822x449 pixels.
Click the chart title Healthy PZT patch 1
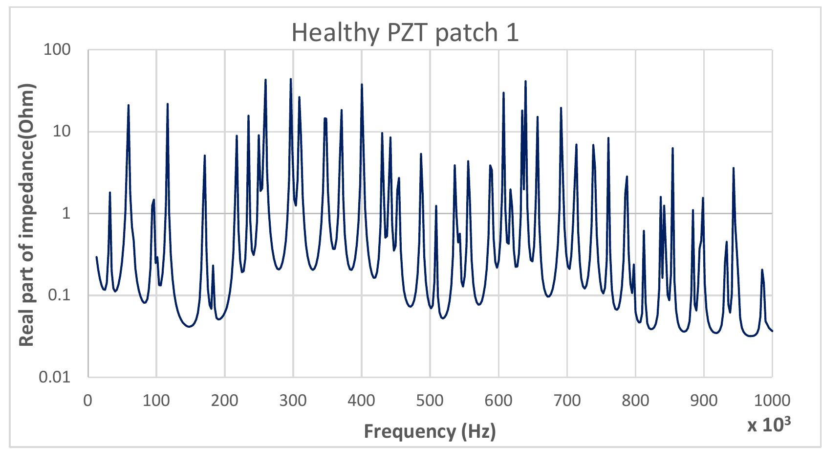click(405, 33)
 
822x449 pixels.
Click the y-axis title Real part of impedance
click(27, 215)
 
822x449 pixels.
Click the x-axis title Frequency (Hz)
click(430, 431)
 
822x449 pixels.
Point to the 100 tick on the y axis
click(57, 50)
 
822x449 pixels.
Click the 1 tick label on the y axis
click(67, 214)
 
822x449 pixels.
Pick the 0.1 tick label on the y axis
click(61, 295)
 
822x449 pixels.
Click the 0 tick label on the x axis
click(88, 400)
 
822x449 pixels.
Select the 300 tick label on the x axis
click(293, 400)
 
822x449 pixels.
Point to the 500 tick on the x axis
click(430, 400)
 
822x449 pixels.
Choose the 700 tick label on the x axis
click(567, 400)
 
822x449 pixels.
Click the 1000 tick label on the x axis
click(772, 400)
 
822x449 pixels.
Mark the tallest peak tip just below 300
click(291, 79)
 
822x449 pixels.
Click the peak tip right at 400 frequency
click(362, 85)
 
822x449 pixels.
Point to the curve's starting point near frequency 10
click(96, 257)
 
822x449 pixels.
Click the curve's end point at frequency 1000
click(772, 331)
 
